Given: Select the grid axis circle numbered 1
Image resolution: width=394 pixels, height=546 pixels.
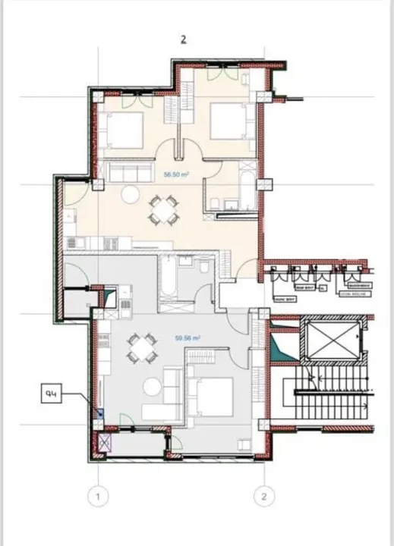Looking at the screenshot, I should [x=97, y=497].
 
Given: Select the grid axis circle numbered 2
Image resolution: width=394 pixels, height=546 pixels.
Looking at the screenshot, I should [x=263, y=497].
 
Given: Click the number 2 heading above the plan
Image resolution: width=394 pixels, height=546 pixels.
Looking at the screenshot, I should [x=183, y=40].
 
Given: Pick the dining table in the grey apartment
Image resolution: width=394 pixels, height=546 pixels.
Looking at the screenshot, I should [x=140, y=350].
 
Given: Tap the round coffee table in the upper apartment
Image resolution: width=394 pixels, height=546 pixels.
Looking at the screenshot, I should [x=131, y=194].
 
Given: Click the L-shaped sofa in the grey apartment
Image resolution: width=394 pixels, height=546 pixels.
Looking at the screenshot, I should [x=171, y=391].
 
